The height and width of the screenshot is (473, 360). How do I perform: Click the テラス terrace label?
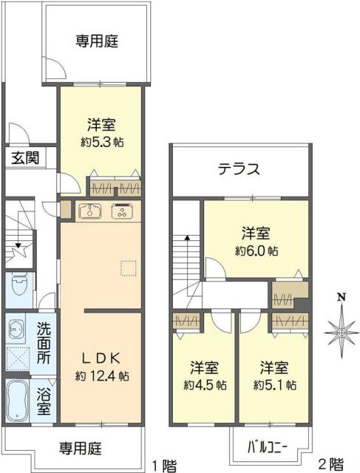(238, 169)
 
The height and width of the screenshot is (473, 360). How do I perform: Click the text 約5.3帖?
(101, 142)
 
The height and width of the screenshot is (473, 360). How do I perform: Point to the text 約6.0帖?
(257, 251)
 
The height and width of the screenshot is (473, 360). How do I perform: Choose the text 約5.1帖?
(275, 385)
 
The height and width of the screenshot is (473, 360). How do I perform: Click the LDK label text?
(101, 357)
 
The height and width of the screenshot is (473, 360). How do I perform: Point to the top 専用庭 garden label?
(96, 42)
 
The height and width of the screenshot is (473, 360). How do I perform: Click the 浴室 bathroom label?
(44, 399)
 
